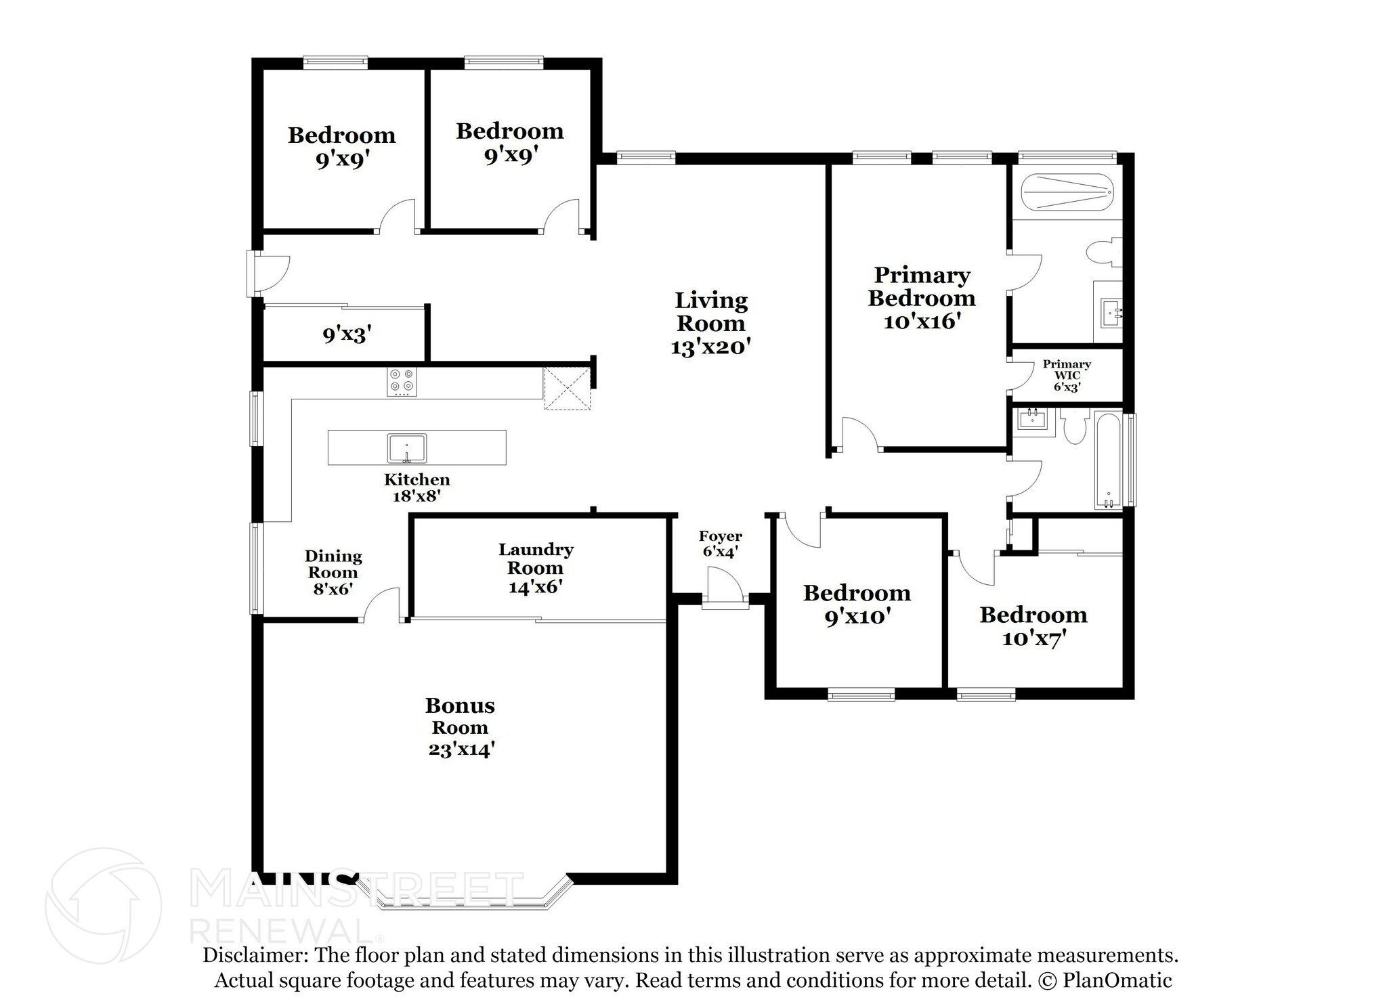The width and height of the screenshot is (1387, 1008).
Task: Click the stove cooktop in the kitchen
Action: pos(402,382)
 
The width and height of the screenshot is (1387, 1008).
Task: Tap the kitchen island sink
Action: pos(406,448)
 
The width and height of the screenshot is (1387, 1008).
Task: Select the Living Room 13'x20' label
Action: pos(710,323)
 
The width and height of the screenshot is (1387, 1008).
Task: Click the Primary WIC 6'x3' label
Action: pos(1066,376)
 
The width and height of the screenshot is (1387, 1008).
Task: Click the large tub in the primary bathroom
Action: pos(1065,193)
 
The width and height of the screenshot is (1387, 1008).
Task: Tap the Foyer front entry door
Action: pos(725,586)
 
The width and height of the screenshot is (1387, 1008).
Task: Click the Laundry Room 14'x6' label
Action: pos(535,568)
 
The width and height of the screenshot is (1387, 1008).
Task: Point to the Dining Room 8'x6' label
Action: pos(333,572)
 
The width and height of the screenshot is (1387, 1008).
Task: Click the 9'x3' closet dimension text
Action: pos(347,334)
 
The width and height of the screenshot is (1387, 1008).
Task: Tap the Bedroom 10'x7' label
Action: pos(1033,626)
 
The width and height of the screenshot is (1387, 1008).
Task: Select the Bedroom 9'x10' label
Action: pos(857,605)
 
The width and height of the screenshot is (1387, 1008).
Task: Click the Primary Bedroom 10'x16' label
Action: pos(922,298)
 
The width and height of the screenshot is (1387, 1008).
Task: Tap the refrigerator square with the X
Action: pos(568,389)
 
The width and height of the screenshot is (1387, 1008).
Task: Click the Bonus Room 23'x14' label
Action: pos(460,727)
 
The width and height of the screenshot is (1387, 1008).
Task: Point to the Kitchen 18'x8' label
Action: pos(417,487)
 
